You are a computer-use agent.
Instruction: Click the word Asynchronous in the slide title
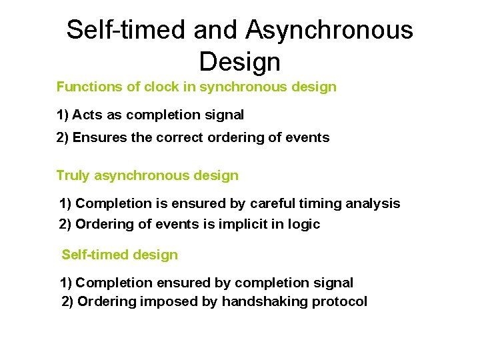[x=329, y=31]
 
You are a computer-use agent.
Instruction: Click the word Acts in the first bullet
[x=87, y=115]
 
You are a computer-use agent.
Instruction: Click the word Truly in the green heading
[x=73, y=176]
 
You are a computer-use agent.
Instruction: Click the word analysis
[x=375, y=203]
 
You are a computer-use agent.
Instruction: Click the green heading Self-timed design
[x=120, y=255]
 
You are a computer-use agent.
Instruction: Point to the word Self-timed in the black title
[x=127, y=31]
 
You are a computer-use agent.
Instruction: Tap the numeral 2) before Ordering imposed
[x=68, y=302]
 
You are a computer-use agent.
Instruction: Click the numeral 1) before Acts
[x=63, y=115]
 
